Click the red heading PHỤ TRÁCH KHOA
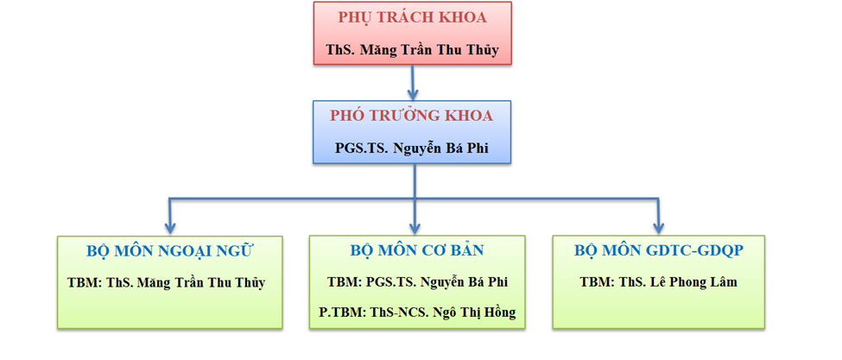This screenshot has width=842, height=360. [413, 18]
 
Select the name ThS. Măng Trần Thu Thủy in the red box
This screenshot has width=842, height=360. [413, 50]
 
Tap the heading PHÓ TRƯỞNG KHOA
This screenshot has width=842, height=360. [411, 116]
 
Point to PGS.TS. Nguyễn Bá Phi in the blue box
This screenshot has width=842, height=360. [412, 148]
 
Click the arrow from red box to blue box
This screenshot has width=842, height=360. [413, 82]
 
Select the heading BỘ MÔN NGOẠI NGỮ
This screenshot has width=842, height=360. [169, 251]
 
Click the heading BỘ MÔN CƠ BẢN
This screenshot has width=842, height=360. [417, 250]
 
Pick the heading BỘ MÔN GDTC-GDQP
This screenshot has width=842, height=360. [658, 250]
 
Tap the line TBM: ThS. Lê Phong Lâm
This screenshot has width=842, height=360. [658, 281]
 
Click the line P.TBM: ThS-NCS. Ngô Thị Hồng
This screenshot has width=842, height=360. [417, 313]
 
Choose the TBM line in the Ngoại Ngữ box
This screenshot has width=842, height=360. [167, 283]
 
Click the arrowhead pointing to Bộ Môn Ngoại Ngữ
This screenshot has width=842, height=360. [169, 228]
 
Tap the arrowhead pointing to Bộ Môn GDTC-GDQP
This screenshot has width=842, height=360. [658, 228]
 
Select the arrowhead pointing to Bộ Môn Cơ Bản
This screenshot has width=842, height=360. [415, 228]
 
